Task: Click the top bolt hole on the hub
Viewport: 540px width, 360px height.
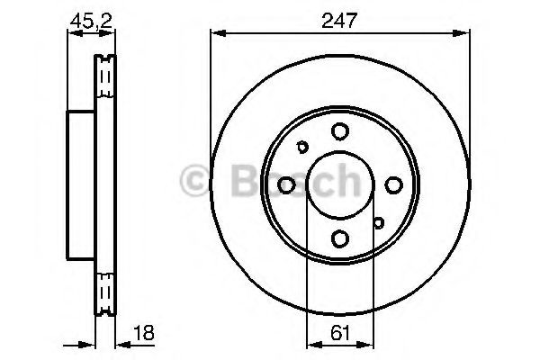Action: [338, 132]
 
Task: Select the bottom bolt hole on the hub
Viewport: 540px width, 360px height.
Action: [338, 238]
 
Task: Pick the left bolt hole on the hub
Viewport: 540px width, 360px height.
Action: [286, 185]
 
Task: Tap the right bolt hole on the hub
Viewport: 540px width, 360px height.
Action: [392, 185]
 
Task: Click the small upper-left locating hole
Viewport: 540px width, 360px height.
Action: [302, 148]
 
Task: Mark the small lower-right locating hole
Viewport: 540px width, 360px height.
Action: [379, 222]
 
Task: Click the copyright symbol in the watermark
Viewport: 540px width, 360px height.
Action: [195, 180]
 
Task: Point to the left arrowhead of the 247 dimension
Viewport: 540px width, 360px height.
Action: [216, 34]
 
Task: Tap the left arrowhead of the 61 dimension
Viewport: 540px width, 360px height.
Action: [311, 344]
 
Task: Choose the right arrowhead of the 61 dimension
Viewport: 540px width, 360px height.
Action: [367, 344]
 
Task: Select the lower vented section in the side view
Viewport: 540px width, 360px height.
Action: [105, 288]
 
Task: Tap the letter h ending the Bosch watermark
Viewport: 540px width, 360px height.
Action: [346, 180]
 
